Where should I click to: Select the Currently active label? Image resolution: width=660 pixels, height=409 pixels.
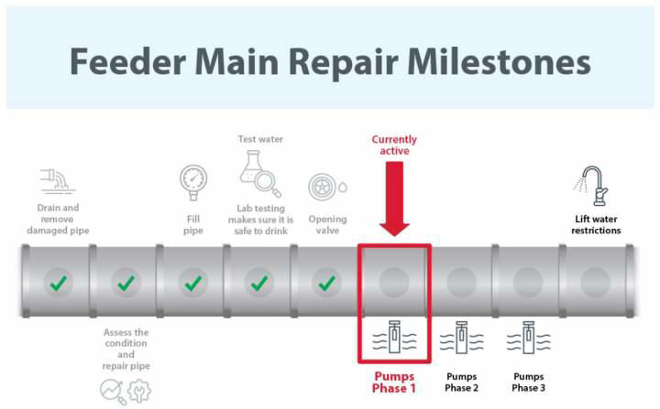click(394, 145)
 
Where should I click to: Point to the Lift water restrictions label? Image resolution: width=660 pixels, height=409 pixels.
click(596, 225)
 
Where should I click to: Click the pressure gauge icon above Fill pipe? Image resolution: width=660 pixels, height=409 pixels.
click(192, 181)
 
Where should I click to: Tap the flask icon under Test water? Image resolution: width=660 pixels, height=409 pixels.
click(259, 174)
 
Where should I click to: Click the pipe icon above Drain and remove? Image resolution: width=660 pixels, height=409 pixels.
click(58, 181)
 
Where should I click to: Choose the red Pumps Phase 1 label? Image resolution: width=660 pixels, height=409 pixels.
click(393, 382)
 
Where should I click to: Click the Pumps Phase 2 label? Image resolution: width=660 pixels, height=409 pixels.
click(461, 382)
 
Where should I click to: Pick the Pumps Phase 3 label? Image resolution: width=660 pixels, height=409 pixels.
click(528, 382)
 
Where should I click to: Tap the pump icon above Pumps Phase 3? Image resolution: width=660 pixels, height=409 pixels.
click(528, 339)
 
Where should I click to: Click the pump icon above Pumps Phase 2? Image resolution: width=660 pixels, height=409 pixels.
click(461, 339)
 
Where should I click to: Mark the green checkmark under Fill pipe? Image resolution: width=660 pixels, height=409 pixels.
click(192, 283)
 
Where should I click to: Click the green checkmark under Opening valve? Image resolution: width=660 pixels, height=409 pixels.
click(326, 283)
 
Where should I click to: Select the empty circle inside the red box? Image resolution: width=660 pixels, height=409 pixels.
click(393, 282)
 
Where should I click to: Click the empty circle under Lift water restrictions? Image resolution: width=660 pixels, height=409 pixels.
click(595, 282)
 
